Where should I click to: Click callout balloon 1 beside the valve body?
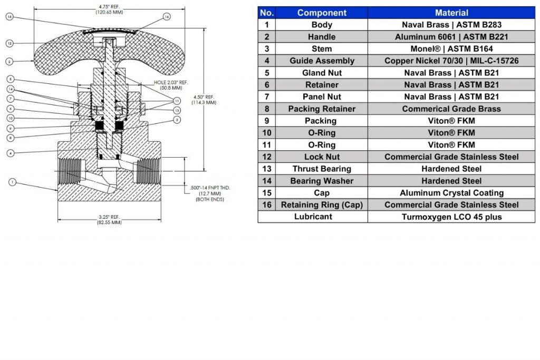pyautogui.click(x=12, y=182)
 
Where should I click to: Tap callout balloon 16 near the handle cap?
pyautogui.click(x=167, y=17)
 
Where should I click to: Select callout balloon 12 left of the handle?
pyautogui.click(x=9, y=43)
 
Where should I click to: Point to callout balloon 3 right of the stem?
pyautogui.click(x=177, y=120)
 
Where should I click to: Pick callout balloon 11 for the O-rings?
pyautogui.click(x=177, y=100)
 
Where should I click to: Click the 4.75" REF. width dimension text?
pyautogui.click(x=109, y=8)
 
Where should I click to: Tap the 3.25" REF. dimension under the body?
pyautogui.click(x=109, y=219)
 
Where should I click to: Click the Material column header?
pyautogui.click(x=451, y=13)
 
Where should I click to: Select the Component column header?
pyautogui.click(x=322, y=13)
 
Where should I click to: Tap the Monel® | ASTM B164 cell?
pyautogui.click(x=451, y=48)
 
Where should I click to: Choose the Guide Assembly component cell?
pyautogui.click(x=322, y=61)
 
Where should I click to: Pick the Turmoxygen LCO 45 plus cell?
pyautogui.click(x=451, y=217)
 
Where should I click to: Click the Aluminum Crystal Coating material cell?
pyautogui.click(x=451, y=193)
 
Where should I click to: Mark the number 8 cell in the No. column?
pyautogui.click(x=267, y=109)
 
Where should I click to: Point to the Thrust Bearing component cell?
pyautogui.click(x=322, y=169)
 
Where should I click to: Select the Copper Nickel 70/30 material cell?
pyautogui.click(x=451, y=61)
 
